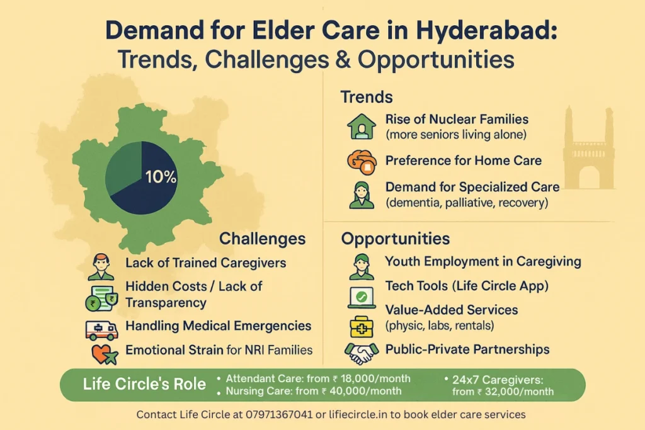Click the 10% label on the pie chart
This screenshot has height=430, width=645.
pos(161,177)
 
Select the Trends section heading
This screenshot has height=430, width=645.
pos(367,97)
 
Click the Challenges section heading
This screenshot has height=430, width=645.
pos(262,239)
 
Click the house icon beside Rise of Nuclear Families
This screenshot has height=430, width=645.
pos(362,126)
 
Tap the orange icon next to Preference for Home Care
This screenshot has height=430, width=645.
pos(362,161)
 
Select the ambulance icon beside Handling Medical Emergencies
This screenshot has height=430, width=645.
pos(101,329)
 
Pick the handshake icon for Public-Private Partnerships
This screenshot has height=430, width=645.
pos(362,352)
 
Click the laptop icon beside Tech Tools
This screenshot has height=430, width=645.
pos(362,296)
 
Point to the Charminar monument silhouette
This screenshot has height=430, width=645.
pos(588,151)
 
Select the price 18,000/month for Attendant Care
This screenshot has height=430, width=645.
pos(375,378)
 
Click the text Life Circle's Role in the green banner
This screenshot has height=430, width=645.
pos(144,384)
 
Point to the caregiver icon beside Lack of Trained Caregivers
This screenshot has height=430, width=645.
pos(101,266)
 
